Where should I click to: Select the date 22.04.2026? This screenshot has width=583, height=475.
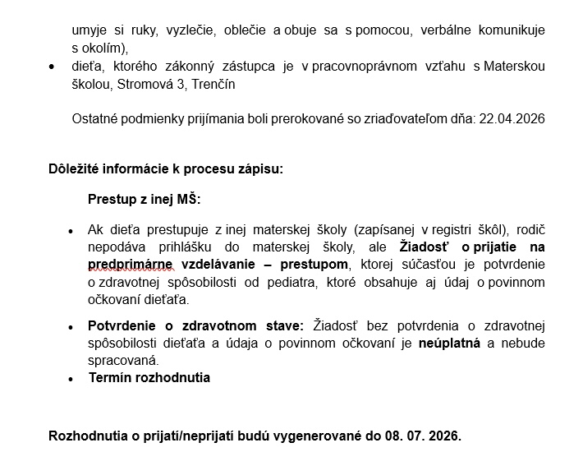pyautogui.click(x=511, y=119)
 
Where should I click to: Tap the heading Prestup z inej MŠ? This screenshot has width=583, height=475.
pyautogui.click(x=144, y=200)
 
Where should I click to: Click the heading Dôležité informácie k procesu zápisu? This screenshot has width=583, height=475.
pyautogui.click(x=166, y=169)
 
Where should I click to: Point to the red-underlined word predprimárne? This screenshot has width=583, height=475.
pyautogui.click(x=130, y=264)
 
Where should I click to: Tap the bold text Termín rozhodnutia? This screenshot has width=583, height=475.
pyautogui.click(x=149, y=378)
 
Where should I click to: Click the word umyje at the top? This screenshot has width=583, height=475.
pyautogui.click(x=90, y=30)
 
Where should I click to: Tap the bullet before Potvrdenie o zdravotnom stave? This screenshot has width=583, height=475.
pyautogui.click(x=71, y=327)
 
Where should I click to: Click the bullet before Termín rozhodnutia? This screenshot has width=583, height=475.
pyautogui.click(x=71, y=379)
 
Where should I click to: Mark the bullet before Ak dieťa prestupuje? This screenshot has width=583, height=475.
pyautogui.click(x=71, y=231)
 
